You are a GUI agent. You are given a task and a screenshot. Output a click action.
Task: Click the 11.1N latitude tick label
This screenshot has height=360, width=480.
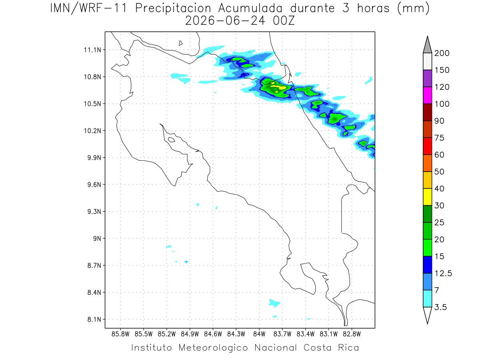pos(92,50)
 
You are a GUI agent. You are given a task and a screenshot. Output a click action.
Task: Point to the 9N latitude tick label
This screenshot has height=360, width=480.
pos(97,238)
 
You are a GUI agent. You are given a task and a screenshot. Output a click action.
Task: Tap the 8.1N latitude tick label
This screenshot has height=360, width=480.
pos(94,319)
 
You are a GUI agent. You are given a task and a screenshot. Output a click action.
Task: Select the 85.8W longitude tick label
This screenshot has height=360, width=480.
pos(120,334)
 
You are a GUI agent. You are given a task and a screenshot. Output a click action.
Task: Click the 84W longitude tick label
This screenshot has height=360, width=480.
pos(259,334)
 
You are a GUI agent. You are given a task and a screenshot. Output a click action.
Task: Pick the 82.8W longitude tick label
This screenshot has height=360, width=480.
pos(352,334)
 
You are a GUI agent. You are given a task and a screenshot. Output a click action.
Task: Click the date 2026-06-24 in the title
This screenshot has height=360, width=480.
pos(225,21)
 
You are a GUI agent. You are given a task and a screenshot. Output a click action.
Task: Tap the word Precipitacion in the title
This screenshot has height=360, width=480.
pos(173,8)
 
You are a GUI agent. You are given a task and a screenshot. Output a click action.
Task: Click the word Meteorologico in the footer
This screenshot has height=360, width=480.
pos(213,348)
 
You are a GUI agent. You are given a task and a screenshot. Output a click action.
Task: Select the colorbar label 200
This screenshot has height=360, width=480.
pos(442,53)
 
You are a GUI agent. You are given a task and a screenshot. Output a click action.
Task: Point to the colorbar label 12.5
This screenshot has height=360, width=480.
pos(443,274)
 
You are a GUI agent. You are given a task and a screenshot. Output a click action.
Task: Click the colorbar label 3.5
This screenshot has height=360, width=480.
pos(440,307)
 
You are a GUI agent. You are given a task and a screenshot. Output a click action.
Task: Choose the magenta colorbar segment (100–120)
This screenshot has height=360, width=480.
pos(427,95)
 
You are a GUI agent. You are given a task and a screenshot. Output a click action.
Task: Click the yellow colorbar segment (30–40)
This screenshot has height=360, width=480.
pos(427,197)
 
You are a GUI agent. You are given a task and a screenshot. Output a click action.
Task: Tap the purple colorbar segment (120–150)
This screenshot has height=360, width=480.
pos(427,78)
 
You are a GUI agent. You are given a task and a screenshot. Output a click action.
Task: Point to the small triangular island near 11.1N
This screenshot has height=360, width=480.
pos(180,43)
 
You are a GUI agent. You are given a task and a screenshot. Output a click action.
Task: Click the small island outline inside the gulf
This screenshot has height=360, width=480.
pos(172,140)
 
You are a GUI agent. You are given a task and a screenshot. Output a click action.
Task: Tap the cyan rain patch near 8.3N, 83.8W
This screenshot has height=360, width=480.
pos(274,303)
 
